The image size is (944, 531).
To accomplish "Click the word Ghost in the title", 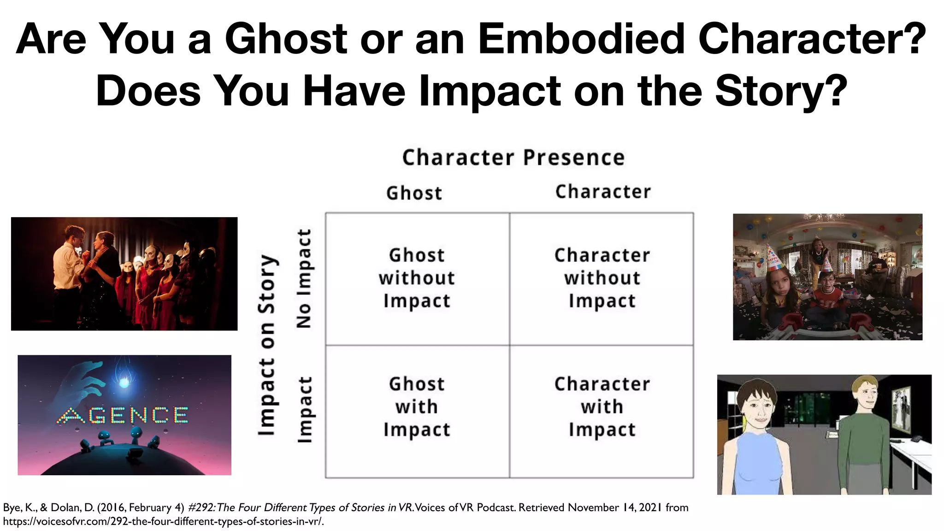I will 286,39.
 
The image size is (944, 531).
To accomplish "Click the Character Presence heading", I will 513,158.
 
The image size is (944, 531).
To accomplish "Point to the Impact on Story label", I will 268,345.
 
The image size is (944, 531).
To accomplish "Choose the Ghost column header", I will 414,193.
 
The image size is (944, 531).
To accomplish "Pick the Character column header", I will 603,192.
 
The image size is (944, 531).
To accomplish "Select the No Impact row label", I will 304,278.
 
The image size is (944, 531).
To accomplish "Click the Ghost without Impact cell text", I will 417,278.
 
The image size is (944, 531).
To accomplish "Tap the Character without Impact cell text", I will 602,278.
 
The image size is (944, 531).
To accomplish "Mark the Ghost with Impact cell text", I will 417,407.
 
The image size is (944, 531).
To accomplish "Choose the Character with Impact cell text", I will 602,407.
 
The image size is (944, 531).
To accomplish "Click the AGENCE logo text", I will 123,416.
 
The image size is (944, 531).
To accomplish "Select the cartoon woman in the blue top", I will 756,438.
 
